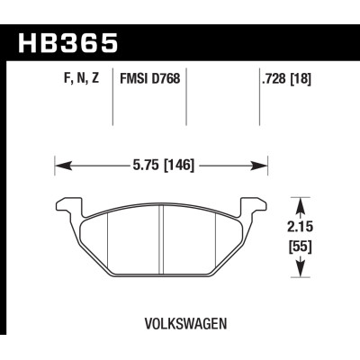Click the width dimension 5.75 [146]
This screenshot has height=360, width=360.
click(162, 166)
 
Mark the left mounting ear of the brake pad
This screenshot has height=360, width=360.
click(66, 205)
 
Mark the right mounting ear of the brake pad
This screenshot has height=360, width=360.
click(258, 205)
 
